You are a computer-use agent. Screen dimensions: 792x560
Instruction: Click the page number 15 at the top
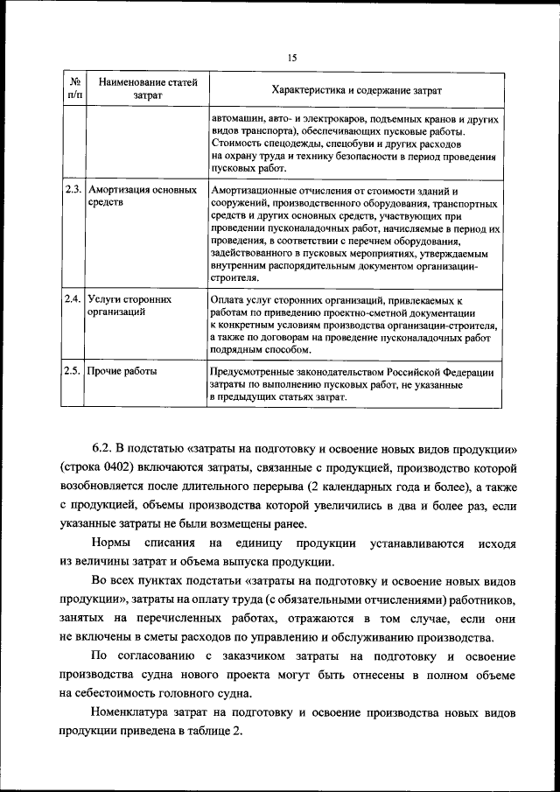[292, 58]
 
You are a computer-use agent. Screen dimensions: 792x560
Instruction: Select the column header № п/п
[74, 88]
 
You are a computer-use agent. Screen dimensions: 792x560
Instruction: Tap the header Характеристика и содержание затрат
[356, 89]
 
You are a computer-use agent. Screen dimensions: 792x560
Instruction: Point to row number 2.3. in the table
[73, 189]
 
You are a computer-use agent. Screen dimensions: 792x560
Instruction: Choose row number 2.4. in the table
[73, 298]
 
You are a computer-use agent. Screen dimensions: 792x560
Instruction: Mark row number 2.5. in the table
[73, 371]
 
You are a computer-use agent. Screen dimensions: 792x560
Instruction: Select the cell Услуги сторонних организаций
[129, 305]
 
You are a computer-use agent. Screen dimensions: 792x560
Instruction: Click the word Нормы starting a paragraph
[109, 543]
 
